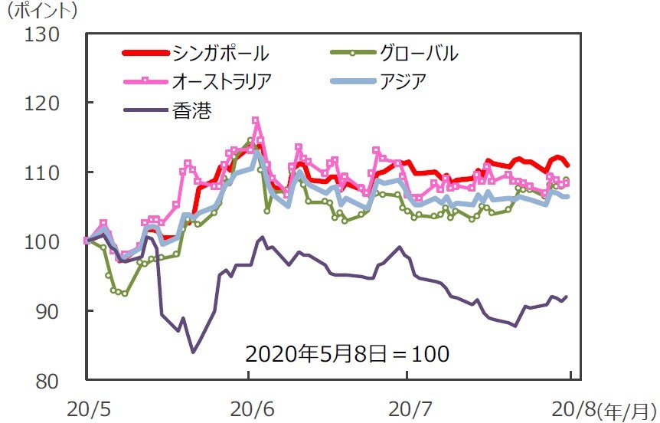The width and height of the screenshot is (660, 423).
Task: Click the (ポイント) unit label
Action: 41,11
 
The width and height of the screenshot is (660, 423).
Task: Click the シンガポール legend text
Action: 221,54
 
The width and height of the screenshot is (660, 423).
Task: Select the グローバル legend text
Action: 418,54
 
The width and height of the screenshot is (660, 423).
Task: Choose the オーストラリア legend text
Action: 221,81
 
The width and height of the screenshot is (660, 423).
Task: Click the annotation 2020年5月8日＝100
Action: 347,354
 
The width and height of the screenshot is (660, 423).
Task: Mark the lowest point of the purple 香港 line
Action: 193,352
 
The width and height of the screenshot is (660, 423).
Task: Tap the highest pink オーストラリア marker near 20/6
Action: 256,121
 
